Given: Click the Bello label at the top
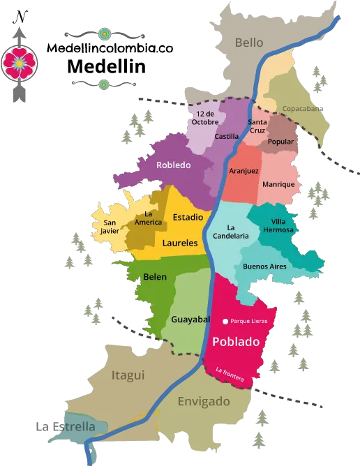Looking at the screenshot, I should pos(249,43).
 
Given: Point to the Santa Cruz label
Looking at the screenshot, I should pos(262,127).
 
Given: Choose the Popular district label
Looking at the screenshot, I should pos(280,142).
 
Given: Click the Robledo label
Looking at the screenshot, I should pos(174,165).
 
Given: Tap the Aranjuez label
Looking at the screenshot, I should pos(243,171).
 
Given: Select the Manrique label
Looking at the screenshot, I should pos(278,184).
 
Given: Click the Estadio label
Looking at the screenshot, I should pos(188,217).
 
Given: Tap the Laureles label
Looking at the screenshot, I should pos(180,243).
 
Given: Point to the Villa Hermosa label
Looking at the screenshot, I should pos(278,226).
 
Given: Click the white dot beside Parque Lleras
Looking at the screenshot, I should pos(225,321).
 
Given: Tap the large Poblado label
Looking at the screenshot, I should pos(235,342).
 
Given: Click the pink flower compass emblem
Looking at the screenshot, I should pos(20,63).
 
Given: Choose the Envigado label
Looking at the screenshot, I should pos(204,401).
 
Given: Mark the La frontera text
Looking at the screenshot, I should pos(230,374).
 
